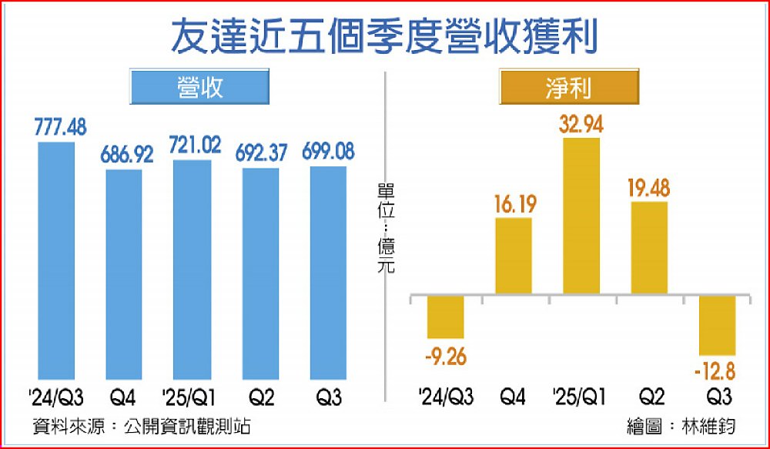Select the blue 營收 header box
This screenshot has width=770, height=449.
[199, 86]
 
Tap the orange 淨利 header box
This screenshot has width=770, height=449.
[569, 86]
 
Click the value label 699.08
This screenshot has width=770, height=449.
[329, 150]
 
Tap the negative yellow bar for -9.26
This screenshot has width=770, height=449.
[445, 317]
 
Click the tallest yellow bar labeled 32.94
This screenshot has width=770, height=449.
[581, 216]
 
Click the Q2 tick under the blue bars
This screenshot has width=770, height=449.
[261, 398]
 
